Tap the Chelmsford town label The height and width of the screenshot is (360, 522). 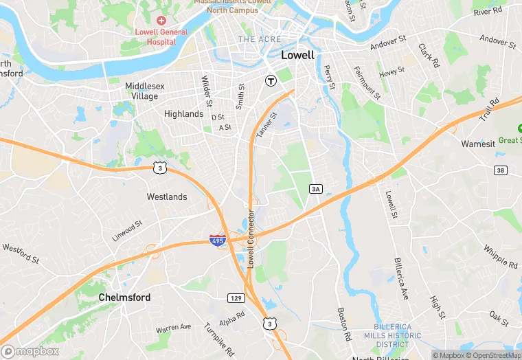[x=124, y=297]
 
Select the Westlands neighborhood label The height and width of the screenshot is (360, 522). [x=167, y=197]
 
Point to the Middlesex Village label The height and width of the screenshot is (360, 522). [x=141, y=91]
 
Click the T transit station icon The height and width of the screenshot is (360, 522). [x=271, y=80]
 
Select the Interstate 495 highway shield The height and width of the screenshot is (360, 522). [x=217, y=240]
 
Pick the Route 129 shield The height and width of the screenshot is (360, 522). [x=236, y=297]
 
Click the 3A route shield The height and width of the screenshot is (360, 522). [x=316, y=188]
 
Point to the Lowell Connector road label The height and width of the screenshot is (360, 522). [x=251, y=238]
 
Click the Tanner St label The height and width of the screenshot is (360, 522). [x=266, y=127]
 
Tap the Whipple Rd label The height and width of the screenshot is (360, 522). [x=500, y=257]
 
